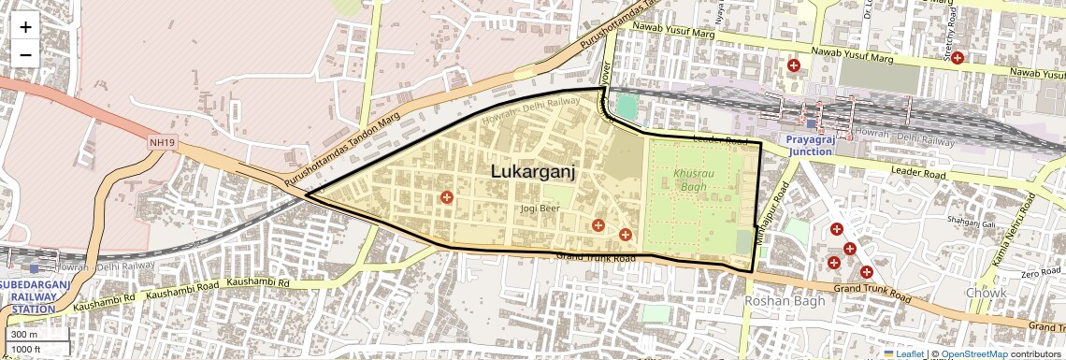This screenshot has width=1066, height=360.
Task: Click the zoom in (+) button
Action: click(25, 27)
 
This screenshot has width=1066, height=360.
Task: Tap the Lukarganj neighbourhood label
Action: click(531, 172)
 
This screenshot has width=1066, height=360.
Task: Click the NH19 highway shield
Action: click(162, 142)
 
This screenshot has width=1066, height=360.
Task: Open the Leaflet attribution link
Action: click(905, 353)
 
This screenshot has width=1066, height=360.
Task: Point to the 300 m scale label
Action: click(25, 335)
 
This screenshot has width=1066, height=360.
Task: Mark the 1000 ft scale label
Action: click(27, 349)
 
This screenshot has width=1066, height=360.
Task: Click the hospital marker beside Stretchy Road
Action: click(957, 58)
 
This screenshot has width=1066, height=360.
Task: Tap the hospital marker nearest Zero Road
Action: click(867, 272)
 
